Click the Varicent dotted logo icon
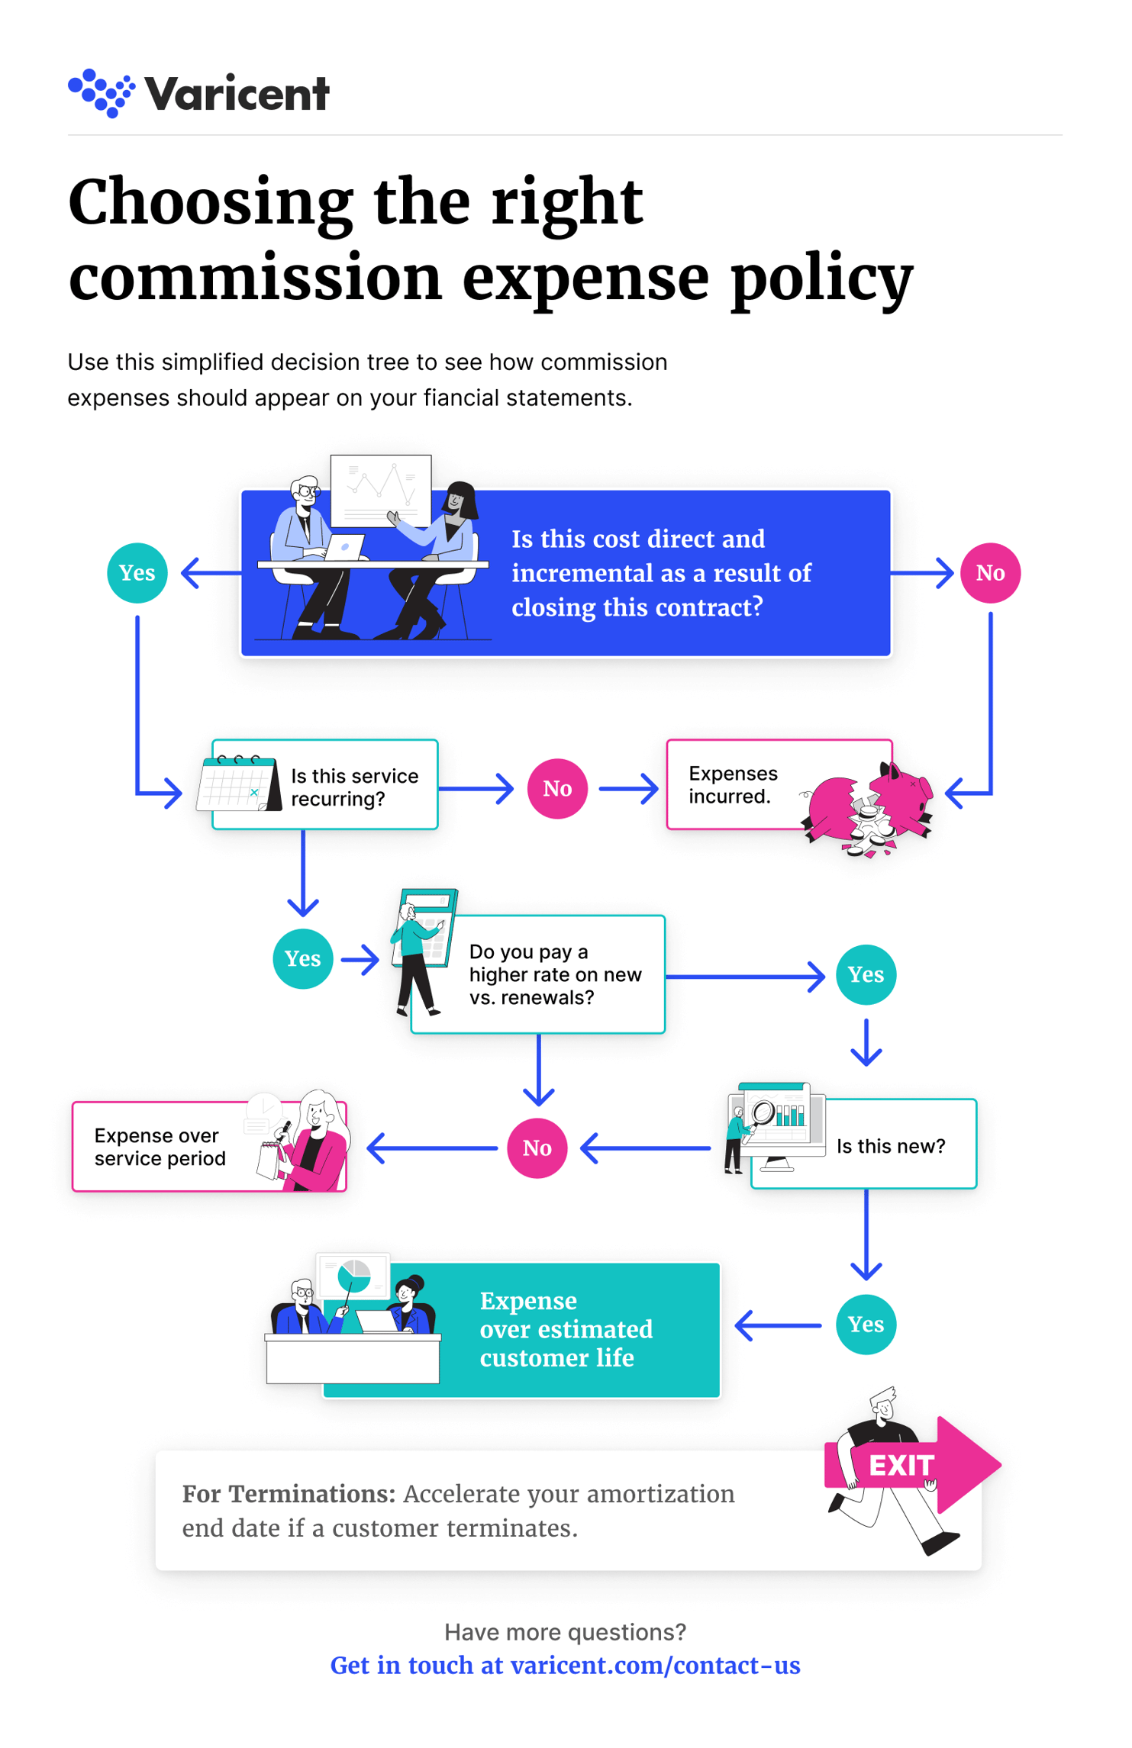(x=102, y=93)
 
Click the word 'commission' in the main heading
(x=255, y=278)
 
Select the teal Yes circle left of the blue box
(x=137, y=573)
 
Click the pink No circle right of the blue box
(x=990, y=573)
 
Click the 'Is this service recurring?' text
(x=354, y=787)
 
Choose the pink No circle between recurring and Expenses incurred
(x=557, y=788)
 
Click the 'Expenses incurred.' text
(x=733, y=784)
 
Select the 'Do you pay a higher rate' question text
(x=555, y=974)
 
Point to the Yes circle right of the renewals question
(x=866, y=974)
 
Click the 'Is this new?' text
(x=890, y=1146)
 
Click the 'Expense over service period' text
(x=160, y=1147)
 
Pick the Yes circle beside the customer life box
(x=866, y=1325)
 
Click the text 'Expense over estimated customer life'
(x=566, y=1329)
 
